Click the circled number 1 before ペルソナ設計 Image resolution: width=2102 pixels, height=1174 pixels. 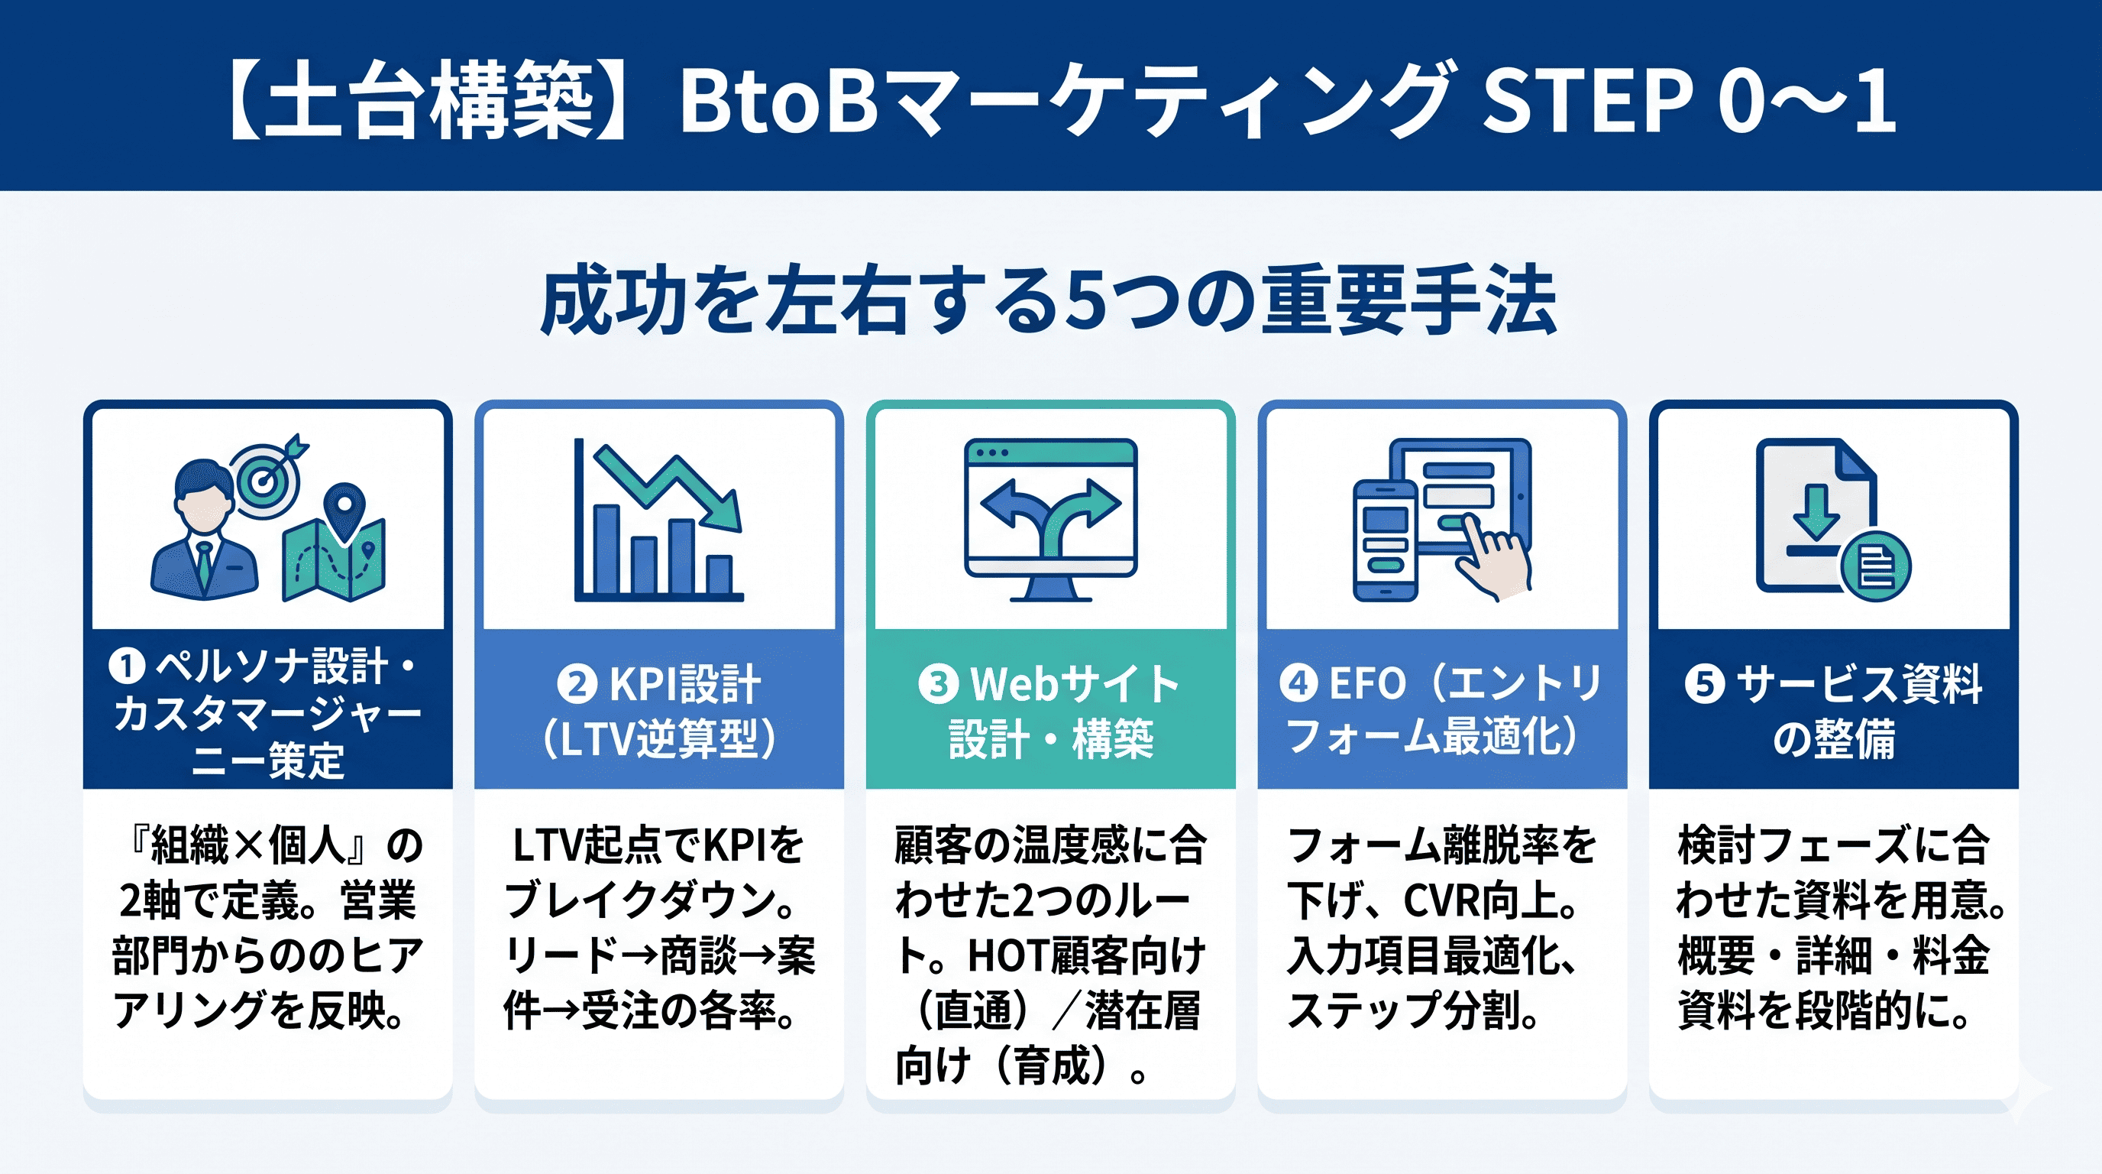tap(127, 666)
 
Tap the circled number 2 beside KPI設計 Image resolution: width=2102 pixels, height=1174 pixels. tap(577, 684)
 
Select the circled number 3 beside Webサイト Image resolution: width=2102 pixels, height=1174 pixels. tap(939, 683)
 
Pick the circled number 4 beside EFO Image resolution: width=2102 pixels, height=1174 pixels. tap(1299, 683)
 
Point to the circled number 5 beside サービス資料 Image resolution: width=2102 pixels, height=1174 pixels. tap(1705, 683)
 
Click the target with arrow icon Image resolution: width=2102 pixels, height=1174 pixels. tap(266, 477)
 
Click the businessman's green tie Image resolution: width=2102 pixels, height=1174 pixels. tap(203, 565)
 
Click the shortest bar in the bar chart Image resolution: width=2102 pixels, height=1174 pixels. tap(719, 576)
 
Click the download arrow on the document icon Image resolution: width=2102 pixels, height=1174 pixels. tap(1816, 512)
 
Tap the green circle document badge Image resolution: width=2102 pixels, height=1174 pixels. tap(1876, 566)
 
